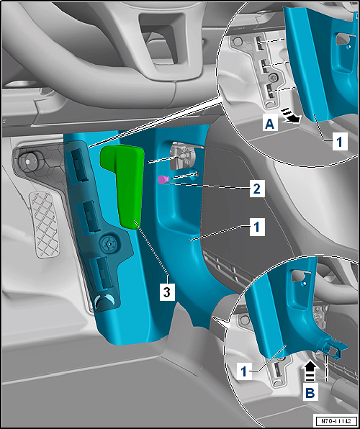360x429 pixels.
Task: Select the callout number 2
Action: point(257,189)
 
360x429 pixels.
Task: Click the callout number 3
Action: point(167,292)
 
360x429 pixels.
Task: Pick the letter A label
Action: point(270,125)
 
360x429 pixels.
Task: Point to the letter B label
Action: point(310,393)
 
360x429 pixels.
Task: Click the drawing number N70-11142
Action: point(336,420)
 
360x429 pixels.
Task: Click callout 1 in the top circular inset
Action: point(340,142)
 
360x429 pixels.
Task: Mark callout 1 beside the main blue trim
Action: point(257,227)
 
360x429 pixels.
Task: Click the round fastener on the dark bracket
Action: point(109,243)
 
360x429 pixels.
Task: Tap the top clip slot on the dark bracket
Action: point(79,165)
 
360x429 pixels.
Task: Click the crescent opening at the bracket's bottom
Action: point(104,301)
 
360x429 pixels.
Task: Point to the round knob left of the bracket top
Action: point(26,161)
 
